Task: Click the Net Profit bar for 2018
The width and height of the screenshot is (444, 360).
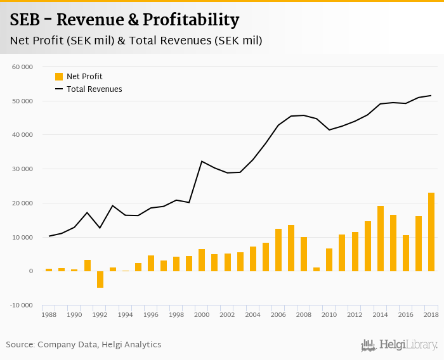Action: [x=431, y=232]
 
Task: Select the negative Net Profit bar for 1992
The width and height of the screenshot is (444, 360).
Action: [x=100, y=280]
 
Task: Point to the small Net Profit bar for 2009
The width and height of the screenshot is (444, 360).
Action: [x=317, y=269]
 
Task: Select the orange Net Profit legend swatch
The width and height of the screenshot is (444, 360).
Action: [x=59, y=77]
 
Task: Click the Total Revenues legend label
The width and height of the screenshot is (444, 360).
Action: [x=94, y=89]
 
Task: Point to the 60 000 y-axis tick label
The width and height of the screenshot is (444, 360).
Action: [x=23, y=67]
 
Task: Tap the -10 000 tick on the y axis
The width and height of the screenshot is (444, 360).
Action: [x=22, y=305]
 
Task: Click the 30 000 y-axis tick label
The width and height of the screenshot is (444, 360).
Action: [x=23, y=169]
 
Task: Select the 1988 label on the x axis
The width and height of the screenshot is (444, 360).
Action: [x=49, y=314]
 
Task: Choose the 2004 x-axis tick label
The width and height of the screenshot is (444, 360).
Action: [x=252, y=314]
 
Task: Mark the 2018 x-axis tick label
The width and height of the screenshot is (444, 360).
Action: [x=431, y=314]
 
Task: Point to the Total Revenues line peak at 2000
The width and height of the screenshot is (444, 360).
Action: [x=202, y=161]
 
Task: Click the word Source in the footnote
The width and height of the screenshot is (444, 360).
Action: [x=20, y=345]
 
